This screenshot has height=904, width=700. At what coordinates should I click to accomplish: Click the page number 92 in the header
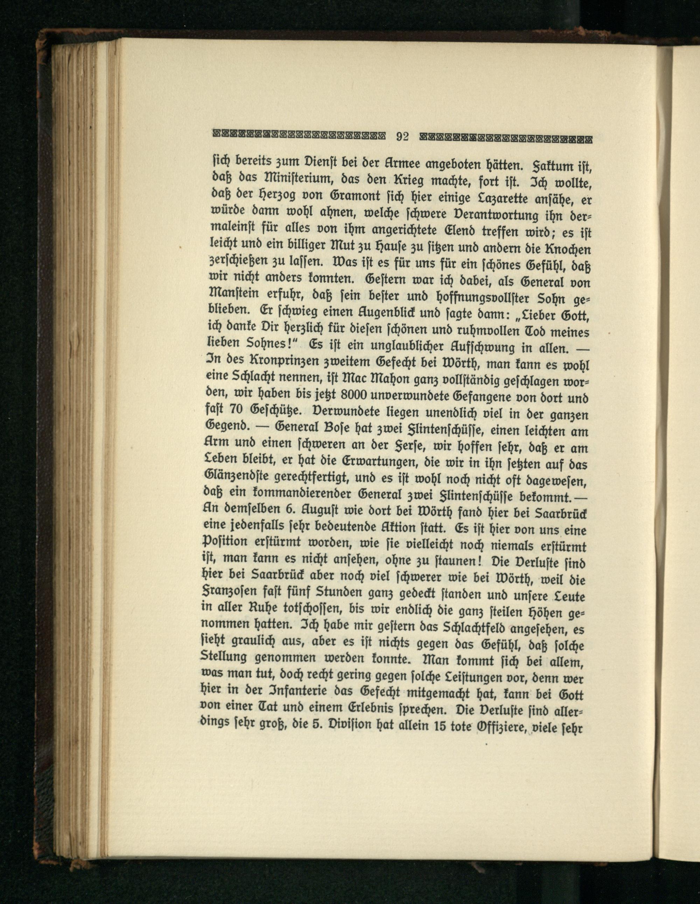click(x=402, y=136)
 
